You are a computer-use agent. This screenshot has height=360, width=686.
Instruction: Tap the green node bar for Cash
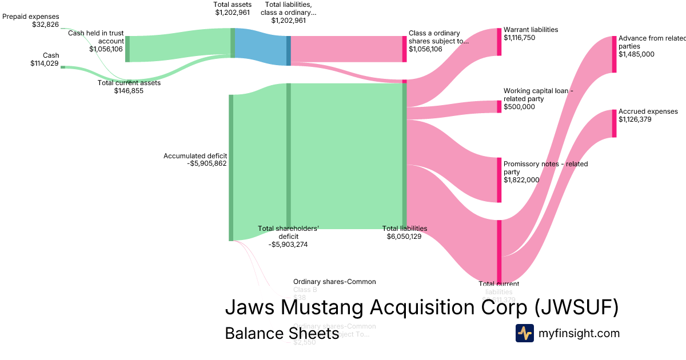(63, 67)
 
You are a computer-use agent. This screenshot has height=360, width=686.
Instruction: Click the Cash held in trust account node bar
(127, 49)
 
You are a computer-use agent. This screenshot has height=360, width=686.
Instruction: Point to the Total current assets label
(129, 83)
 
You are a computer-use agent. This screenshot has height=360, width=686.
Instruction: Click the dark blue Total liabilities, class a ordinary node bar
(289, 51)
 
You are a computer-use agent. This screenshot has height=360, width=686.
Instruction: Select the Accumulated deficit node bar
(231, 167)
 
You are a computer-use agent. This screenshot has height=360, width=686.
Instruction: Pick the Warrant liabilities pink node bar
(499, 41)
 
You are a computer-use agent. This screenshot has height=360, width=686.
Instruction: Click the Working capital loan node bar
(499, 107)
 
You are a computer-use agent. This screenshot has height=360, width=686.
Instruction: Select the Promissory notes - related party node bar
(499, 179)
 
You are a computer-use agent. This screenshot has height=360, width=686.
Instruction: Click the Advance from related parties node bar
(615, 54)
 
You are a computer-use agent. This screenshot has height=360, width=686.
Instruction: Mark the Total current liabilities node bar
(499, 251)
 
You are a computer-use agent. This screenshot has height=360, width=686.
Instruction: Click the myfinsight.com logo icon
(524, 333)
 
